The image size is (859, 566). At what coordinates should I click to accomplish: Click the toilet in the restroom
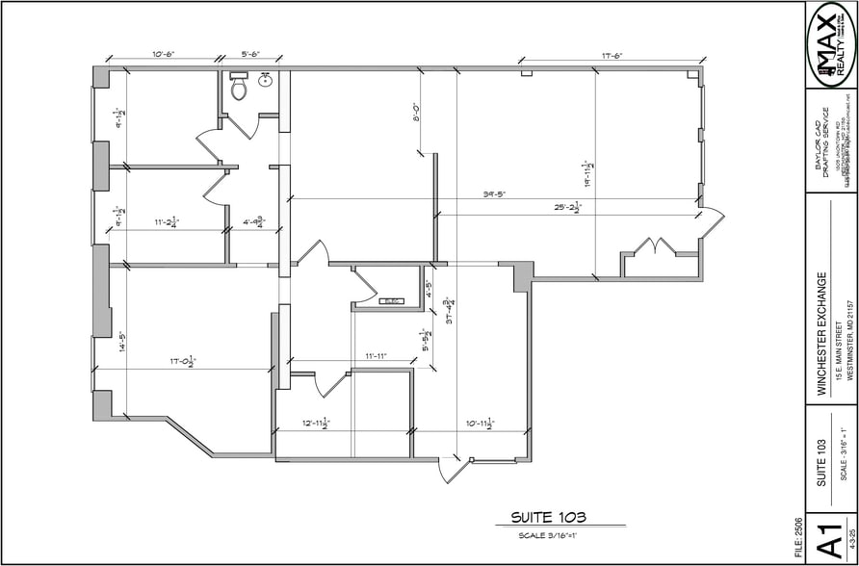point(238,89)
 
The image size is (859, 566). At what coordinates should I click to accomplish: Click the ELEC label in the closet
point(392,301)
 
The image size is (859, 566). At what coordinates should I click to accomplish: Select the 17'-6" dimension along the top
point(612,57)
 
